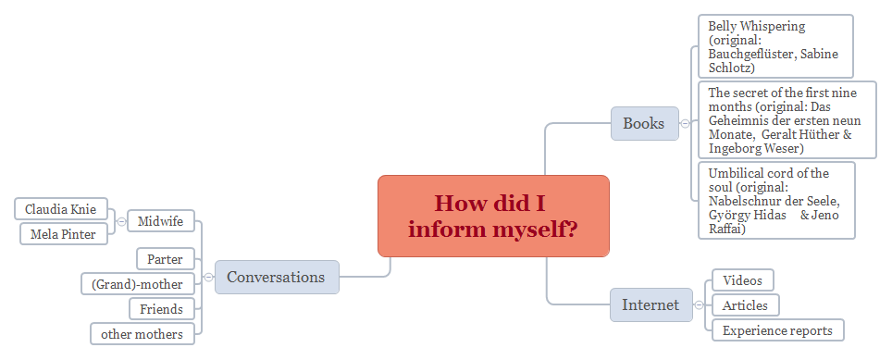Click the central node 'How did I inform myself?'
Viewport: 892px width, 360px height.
[493, 216]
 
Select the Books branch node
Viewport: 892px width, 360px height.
[644, 123]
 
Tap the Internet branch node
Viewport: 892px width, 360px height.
[650, 304]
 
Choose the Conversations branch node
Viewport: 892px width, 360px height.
[276, 277]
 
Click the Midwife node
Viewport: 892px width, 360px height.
[160, 221]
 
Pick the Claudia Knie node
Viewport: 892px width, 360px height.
[60, 209]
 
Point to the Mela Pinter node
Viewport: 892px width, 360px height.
[63, 234]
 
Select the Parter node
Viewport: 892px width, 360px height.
[165, 259]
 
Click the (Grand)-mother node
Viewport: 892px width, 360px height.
[137, 284]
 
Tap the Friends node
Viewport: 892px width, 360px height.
[162, 309]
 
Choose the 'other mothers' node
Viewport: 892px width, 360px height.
[142, 334]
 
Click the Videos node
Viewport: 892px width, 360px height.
[742, 280]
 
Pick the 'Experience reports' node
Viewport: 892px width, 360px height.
[777, 330]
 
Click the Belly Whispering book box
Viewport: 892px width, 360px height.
[774, 46]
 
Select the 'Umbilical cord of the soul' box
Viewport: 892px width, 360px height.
[775, 200]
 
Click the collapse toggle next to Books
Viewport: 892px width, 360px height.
[685, 123]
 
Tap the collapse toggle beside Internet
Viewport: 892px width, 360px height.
[699, 304]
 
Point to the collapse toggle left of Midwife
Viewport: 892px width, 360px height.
[121, 221]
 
